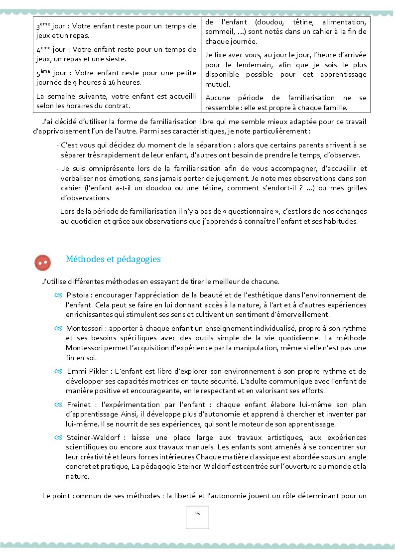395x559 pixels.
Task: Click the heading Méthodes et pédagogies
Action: tap(113, 259)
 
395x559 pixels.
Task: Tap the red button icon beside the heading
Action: tap(43, 262)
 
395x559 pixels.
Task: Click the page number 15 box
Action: tap(197, 517)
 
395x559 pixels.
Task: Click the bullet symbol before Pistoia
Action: tap(58, 295)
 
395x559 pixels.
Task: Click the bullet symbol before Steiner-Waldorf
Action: tap(58, 437)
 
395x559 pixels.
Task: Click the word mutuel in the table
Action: tap(215, 84)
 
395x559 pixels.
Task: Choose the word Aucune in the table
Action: tap(217, 98)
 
